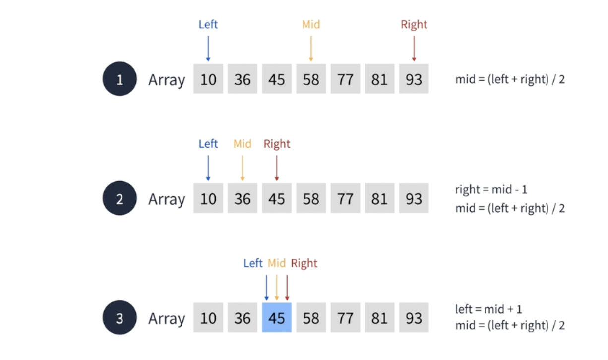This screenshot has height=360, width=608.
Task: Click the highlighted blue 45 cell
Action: pos(277,318)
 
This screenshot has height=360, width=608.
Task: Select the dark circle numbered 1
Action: pos(120,79)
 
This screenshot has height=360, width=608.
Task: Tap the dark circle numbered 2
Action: pos(120,199)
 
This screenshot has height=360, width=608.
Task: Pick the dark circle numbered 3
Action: pos(120,318)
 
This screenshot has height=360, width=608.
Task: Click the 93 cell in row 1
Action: pos(414,79)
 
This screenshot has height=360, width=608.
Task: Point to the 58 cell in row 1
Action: pos(311,79)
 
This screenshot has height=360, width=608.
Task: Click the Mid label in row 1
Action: pos(311,24)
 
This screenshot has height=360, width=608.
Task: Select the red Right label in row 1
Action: pos(414,24)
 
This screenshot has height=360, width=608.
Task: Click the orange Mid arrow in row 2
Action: pos(243,168)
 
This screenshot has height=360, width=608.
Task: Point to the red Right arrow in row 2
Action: pos(277,168)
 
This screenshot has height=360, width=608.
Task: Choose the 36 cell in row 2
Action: pos(243,199)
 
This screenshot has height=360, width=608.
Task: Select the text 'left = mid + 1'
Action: pos(488,309)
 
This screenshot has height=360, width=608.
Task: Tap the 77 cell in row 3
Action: pos(345,318)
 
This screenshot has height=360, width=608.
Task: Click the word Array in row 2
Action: pos(167,199)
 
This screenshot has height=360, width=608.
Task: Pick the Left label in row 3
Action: pos(253,263)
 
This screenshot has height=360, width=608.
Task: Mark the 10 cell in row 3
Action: pos(208,318)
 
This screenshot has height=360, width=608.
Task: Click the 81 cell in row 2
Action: pos(379,199)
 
